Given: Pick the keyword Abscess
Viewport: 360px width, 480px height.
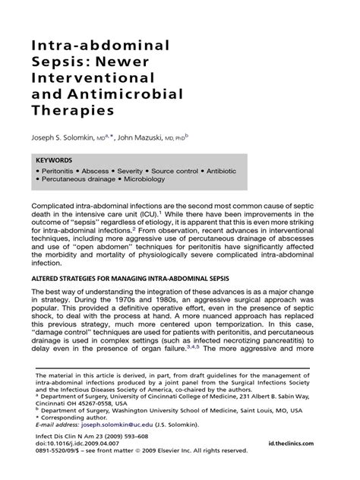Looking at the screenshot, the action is coord(101,172).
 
